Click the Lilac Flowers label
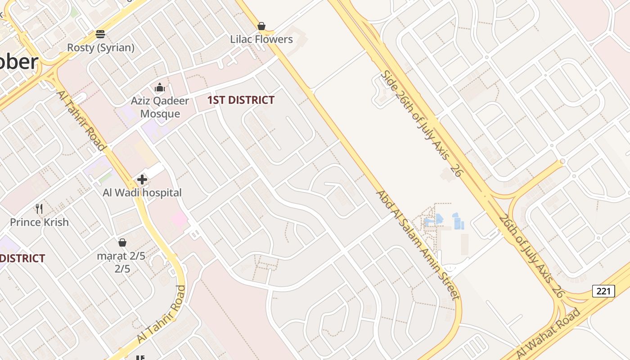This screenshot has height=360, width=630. (261, 39)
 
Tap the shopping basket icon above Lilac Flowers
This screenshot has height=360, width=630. (261, 26)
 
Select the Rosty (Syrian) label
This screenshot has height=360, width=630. (101, 47)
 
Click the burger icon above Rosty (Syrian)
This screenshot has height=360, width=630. (100, 34)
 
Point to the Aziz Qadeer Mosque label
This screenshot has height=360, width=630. (160, 107)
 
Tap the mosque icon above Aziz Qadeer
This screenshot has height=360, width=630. (159, 87)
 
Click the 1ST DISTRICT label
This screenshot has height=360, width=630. (241, 100)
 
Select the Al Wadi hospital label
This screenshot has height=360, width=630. (142, 193)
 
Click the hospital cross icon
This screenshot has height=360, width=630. (142, 180)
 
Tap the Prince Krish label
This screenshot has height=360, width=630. (40, 222)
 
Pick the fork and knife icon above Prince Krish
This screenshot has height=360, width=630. (39, 209)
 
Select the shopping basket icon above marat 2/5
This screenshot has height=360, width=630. (122, 243)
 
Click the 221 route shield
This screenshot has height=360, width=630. (603, 291)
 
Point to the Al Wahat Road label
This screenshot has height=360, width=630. (548, 334)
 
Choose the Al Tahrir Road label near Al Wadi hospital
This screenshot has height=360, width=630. (81, 120)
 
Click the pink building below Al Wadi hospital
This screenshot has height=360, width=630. (179, 220)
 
